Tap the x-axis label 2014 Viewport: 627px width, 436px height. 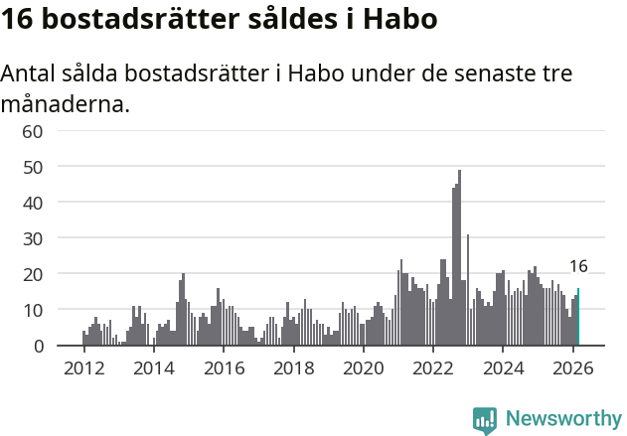(x=153, y=367)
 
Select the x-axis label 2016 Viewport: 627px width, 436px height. (x=224, y=367)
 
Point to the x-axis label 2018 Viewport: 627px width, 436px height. (x=293, y=367)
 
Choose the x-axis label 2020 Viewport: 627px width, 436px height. (x=363, y=367)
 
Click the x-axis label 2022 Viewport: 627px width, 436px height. (x=433, y=367)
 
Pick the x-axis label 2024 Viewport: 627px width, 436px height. (x=503, y=367)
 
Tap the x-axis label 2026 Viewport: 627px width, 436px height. (x=572, y=367)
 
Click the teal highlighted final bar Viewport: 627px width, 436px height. (x=578, y=318)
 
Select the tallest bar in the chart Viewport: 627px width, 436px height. (x=459, y=258)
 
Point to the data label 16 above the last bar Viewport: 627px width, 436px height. (x=578, y=266)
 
